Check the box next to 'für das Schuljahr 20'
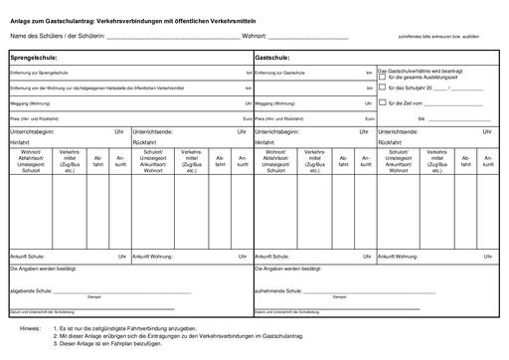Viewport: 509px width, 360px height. tap(382, 90)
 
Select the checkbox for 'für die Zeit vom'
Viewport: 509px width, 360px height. tap(382, 102)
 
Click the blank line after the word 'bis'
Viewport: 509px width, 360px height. tap(461, 119)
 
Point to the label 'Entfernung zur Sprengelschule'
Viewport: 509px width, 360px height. tap(40, 74)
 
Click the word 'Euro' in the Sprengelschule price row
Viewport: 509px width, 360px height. tap(247, 118)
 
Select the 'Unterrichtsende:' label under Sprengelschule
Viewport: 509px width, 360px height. tap(153, 131)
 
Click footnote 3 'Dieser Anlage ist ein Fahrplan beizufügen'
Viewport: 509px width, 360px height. tap(109, 345)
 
